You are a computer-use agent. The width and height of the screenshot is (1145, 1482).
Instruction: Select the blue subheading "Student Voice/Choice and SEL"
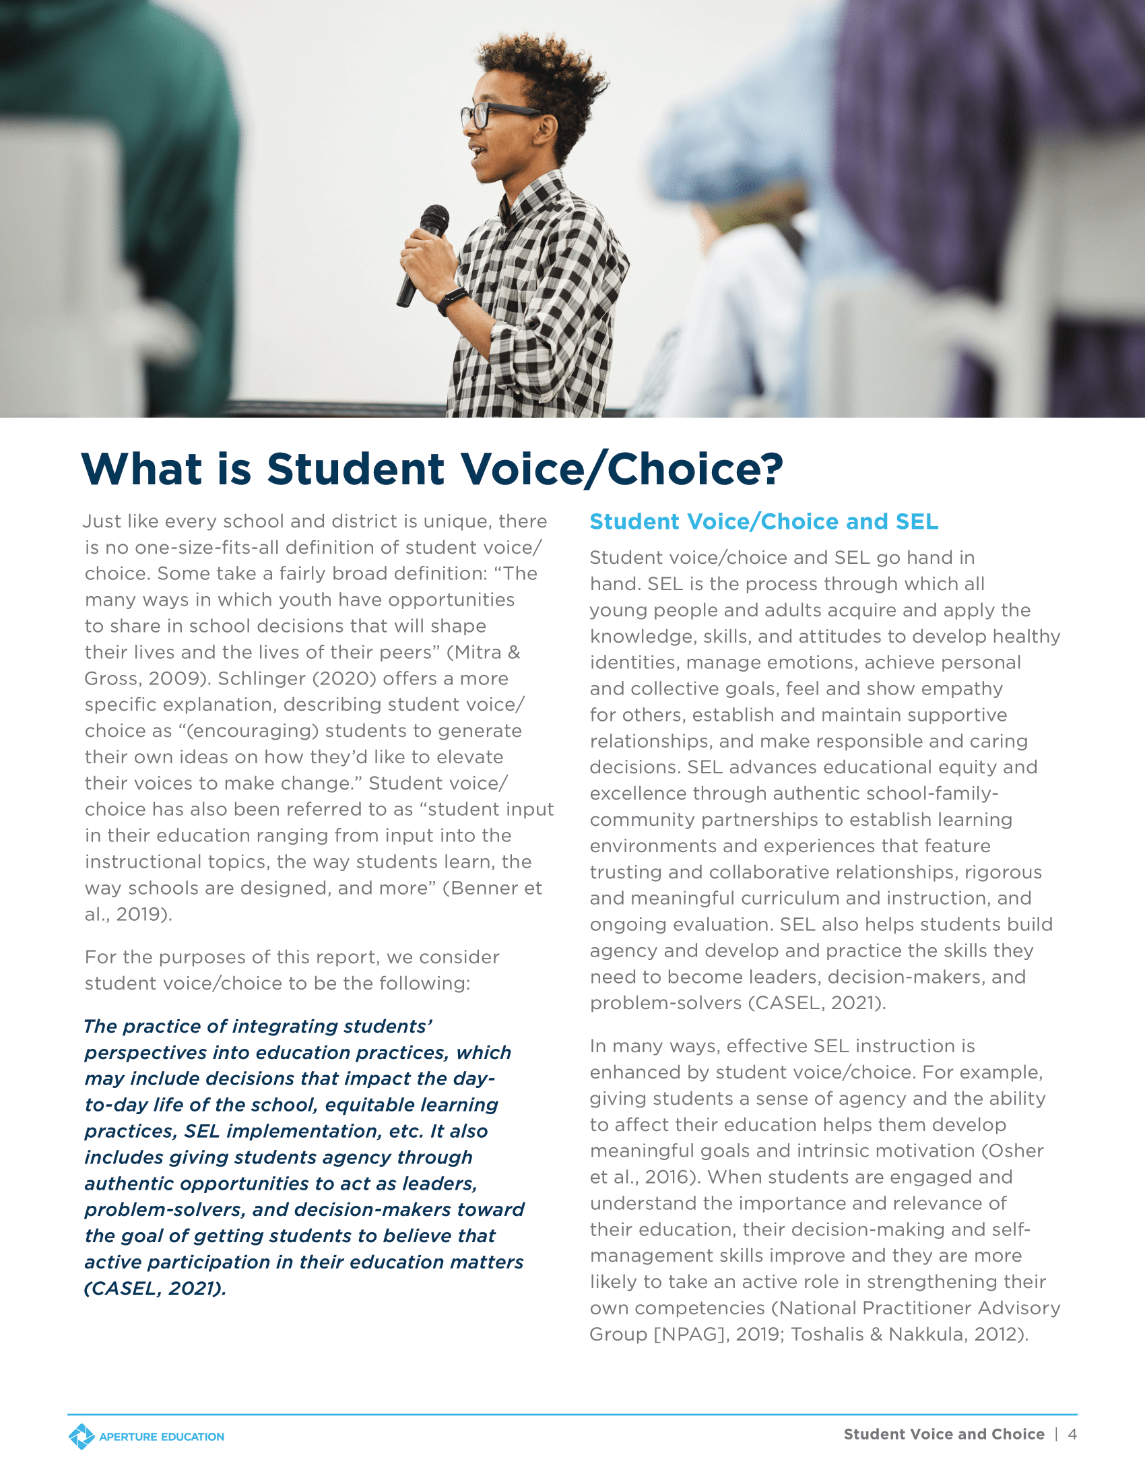pos(764,521)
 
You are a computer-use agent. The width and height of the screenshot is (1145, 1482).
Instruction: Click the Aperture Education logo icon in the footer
pos(81,1437)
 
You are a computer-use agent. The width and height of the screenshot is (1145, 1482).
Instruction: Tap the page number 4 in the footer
pos(1072,1433)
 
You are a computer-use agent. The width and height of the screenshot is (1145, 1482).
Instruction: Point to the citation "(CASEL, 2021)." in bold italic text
pos(155,1288)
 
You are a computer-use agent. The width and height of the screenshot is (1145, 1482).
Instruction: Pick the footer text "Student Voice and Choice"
pos(944,1433)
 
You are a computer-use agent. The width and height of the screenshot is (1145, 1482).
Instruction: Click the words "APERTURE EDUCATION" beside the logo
pos(162,1438)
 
